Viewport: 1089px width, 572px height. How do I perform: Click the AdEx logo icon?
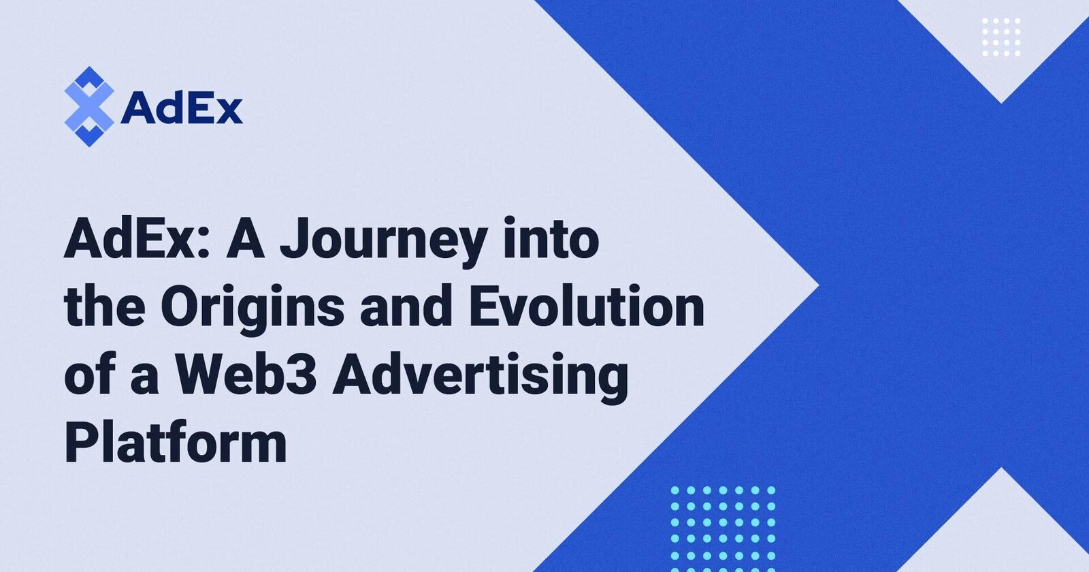tap(88, 107)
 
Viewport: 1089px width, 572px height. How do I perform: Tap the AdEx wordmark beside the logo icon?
tap(181, 108)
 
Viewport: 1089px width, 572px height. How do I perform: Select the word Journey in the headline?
tap(383, 242)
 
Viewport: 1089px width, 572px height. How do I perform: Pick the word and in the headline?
tap(406, 307)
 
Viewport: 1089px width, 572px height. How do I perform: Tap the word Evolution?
tap(587, 307)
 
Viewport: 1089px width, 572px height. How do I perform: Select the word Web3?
tap(246, 375)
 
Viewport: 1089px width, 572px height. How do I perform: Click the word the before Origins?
tap(104, 307)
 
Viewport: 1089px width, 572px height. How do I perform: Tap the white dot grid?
tap(1001, 37)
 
